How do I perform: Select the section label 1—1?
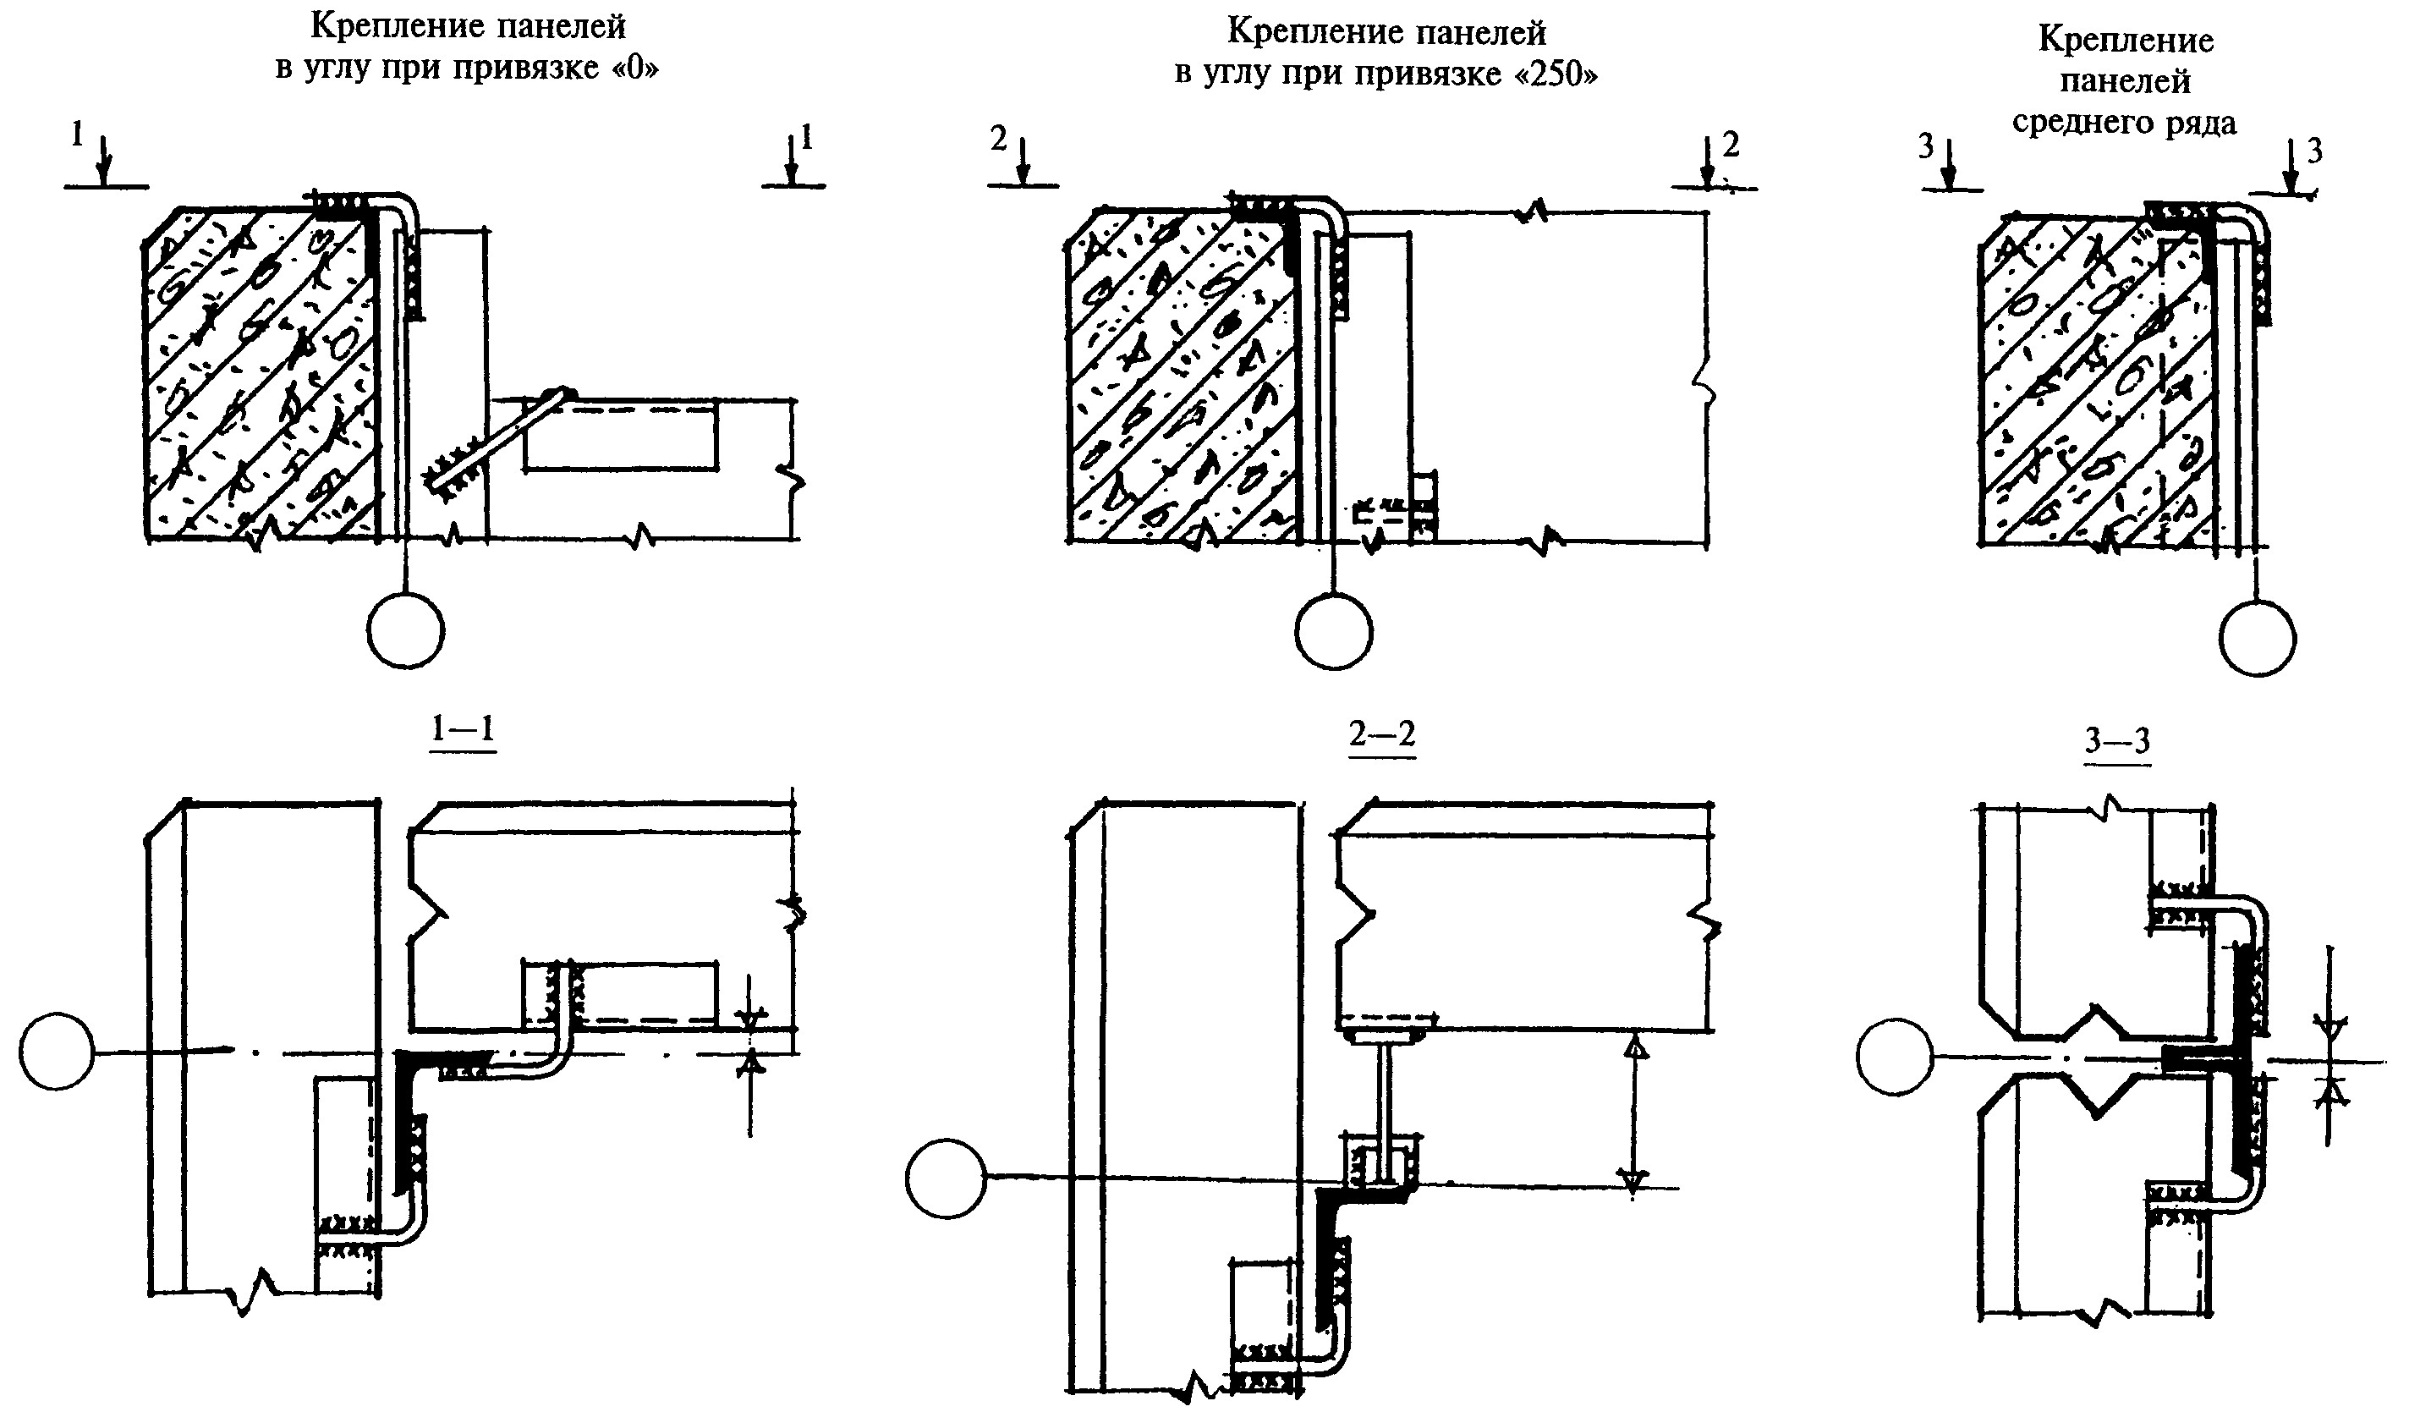click(463, 729)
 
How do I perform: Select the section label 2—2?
click(1381, 734)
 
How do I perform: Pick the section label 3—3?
click(2117, 741)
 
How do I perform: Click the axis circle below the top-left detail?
click(405, 631)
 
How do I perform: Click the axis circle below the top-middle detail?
click(1334, 632)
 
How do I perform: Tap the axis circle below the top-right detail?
click(2257, 639)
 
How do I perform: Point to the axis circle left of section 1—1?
click(57, 1052)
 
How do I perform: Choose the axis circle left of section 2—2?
click(945, 1178)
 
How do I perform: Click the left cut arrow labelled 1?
click(104, 160)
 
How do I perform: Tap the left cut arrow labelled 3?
click(1951, 164)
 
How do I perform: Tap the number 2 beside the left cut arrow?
click(999, 140)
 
